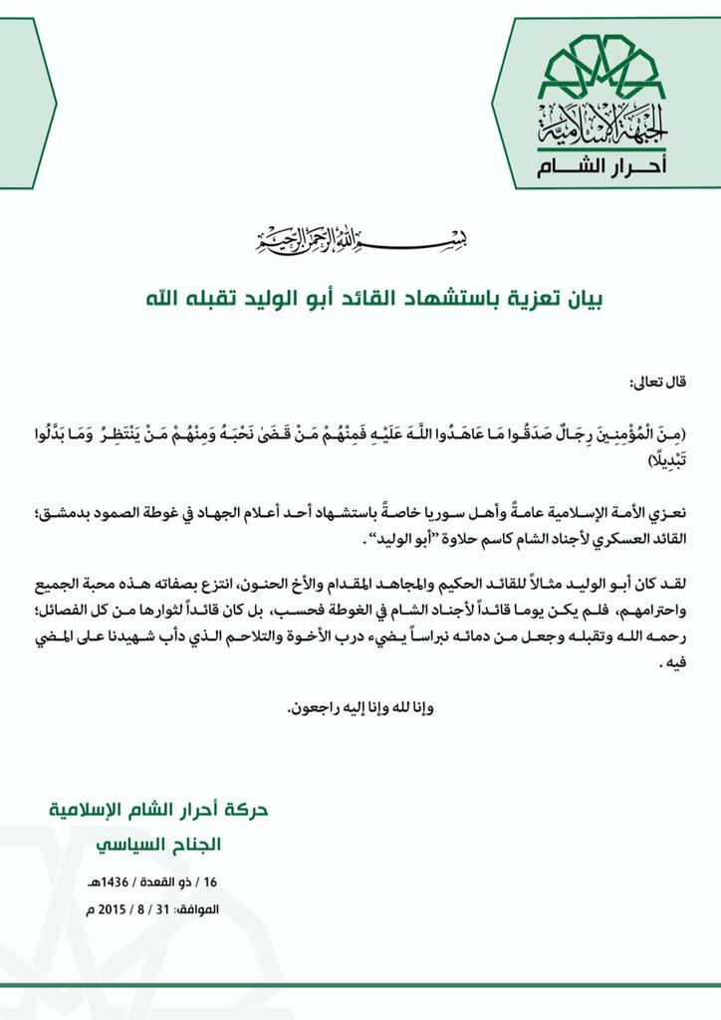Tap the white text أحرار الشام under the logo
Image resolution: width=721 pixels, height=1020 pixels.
tap(606, 164)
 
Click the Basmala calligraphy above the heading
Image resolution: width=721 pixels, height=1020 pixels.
tap(360, 240)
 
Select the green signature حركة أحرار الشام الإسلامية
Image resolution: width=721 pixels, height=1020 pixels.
tap(149, 808)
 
